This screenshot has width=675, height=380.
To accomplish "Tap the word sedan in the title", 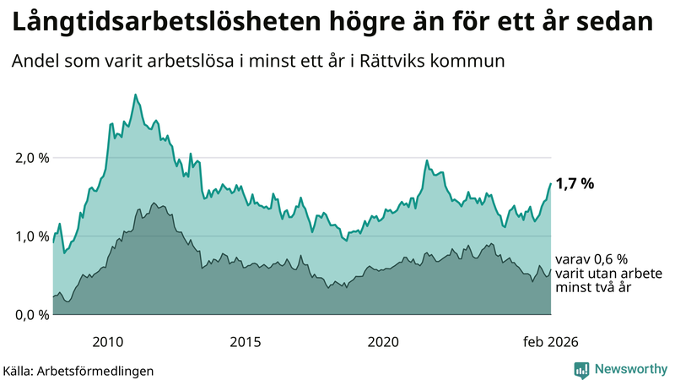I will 620,21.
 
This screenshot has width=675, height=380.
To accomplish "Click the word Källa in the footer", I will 19,370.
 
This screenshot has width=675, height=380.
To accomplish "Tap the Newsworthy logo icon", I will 581,369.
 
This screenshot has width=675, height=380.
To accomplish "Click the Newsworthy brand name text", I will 629,369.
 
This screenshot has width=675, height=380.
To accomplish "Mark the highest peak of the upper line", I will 135,95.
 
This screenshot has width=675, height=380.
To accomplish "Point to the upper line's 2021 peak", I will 427,160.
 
